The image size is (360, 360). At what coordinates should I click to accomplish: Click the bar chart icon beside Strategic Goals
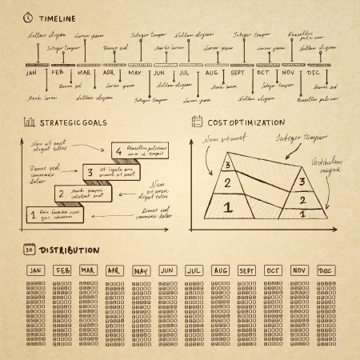coord(29,122)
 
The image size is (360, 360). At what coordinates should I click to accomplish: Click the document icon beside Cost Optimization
coord(197,122)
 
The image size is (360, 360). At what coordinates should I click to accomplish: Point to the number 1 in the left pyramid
coord(227,207)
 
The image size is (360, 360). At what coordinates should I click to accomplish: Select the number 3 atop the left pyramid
coord(228,166)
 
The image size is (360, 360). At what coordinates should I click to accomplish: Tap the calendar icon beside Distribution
coord(29,251)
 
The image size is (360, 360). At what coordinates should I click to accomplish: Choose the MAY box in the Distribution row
coord(142,271)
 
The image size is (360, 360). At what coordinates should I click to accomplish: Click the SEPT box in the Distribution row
coord(246,271)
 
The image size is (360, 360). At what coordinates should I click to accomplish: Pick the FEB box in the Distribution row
coord(62,271)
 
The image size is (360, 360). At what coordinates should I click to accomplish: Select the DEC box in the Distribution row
coord(325,271)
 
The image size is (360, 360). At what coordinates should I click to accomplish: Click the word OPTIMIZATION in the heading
coord(257,122)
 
